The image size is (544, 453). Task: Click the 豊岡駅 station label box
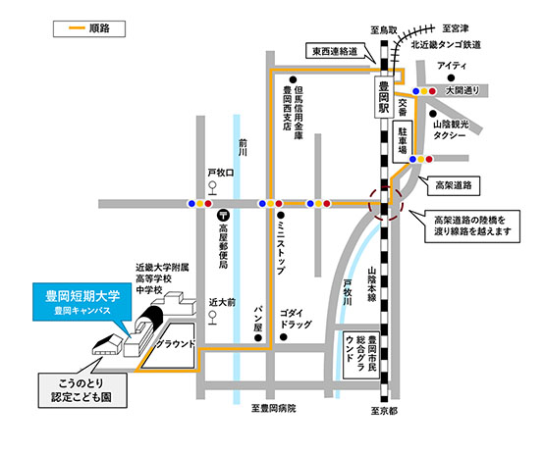[x=384, y=97]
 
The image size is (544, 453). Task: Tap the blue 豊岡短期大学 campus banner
[x=82, y=302]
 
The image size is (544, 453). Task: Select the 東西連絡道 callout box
[x=335, y=51]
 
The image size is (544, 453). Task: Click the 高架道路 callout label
[x=454, y=185]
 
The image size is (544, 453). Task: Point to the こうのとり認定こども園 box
[x=82, y=390]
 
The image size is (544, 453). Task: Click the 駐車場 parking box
[x=403, y=141]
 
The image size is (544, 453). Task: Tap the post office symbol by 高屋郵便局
[x=224, y=216]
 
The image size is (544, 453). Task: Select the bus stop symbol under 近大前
[x=212, y=318]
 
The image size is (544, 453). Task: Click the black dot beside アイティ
[x=451, y=77]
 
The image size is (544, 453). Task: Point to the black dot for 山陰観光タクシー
[x=433, y=114]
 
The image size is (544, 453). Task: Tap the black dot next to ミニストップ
[x=281, y=216]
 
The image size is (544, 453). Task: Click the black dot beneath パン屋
[x=258, y=337]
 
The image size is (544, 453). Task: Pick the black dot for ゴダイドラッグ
[x=284, y=336]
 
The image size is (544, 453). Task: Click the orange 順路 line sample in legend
[x=77, y=28]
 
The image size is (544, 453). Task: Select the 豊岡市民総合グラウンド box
[x=361, y=356]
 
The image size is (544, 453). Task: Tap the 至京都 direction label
[x=384, y=411]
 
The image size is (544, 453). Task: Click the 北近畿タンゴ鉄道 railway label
[x=446, y=45]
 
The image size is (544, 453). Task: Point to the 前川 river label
[x=243, y=147]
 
